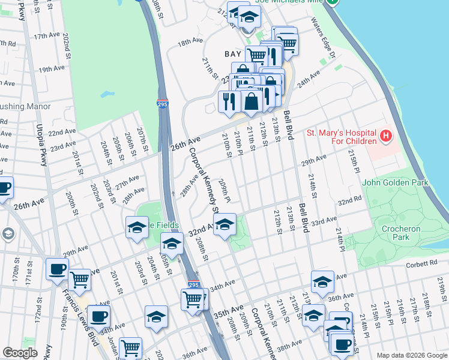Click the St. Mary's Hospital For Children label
pos(341,137)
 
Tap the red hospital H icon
pos(385,137)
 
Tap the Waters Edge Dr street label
pos(326,39)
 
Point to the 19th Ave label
pos(51,70)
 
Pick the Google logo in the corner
pos(20,353)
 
